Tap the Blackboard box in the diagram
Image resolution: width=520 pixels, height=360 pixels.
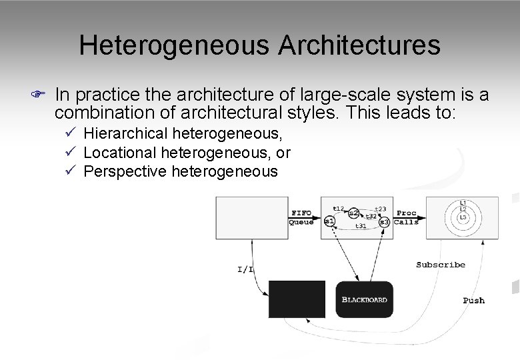pyautogui.click(x=364, y=299)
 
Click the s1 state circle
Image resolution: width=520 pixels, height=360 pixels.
pyautogui.click(x=329, y=220)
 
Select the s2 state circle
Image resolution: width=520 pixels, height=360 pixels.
pyautogui.click(x=353, y=213)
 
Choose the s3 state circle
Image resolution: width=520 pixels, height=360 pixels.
pyautogui.click(x=384, y=221)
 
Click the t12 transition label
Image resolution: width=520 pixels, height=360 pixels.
pyautogui.click(x=337, y=208)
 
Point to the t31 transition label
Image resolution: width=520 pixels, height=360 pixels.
pyautogui.click(x=360, y=227)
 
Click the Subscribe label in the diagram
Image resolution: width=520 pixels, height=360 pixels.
pyautogui.click(x=441, y=265)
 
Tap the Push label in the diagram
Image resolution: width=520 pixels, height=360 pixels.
pyautogui.click(x=474, y=300)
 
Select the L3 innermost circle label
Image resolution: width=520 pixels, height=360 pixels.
pyautogui.click(x=463, y=217)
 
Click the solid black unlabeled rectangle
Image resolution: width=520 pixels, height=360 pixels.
pyautogui.click(x=297, y=299)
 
